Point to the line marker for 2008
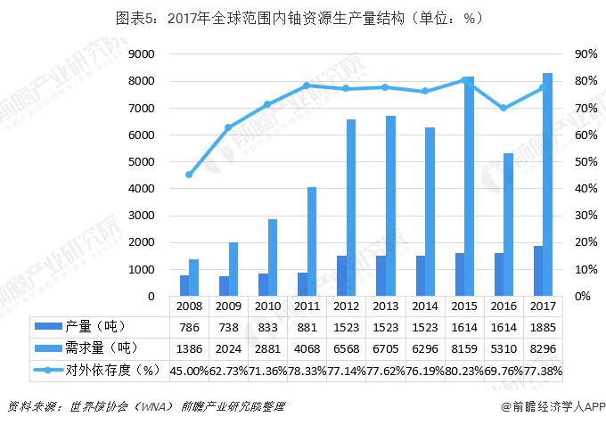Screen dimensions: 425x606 tap(189, 175)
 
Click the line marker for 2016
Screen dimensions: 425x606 tap(504, 108)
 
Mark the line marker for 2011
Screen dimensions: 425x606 tap(307, 86)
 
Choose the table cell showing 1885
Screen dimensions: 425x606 tap(543, 326)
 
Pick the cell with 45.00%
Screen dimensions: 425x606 tap(189, 369)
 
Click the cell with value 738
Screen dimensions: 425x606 tap(228, 326)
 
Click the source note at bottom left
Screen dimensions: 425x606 tap(147, 406)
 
